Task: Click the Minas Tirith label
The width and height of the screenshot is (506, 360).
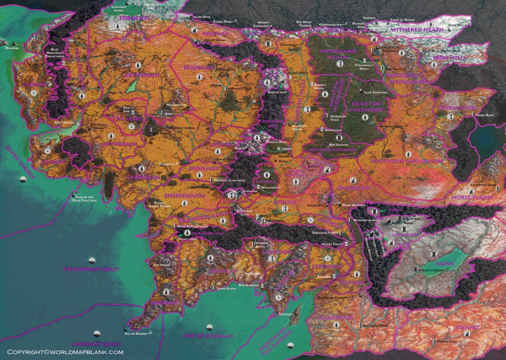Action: [333, 244]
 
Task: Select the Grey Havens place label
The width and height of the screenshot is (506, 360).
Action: [65, 123]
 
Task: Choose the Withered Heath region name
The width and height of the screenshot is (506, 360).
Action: [417, 30]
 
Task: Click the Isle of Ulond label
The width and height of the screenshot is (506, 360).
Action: [135, 333]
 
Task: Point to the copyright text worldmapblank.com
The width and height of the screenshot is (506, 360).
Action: [65, 352]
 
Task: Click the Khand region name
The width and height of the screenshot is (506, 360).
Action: [467, 328]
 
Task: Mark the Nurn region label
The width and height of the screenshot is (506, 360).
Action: [445, 263]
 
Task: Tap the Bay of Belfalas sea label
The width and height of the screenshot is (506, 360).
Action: [208, 336]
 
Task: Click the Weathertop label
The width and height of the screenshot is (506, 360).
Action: [176, 105]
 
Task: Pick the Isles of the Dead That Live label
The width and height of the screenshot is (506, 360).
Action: [84, 199]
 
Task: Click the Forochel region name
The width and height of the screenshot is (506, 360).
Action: [134, 18]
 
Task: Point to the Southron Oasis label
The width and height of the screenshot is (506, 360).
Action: [375, 326]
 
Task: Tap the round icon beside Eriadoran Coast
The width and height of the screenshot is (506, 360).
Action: [91, 260]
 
